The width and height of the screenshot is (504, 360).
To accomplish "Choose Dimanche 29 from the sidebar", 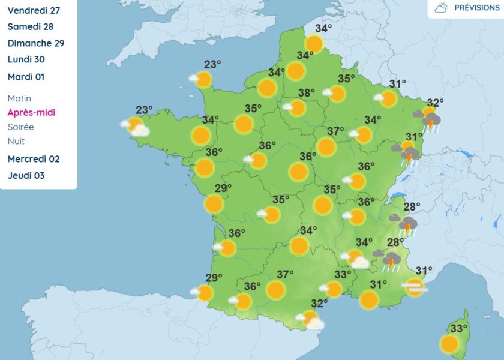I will pos(36,43).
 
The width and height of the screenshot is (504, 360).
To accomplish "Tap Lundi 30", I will pos(26,59).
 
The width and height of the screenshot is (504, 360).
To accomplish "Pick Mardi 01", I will pos(26,77).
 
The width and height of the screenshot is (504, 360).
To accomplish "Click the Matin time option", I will pos(19,98).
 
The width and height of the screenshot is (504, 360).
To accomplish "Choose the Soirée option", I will pos(21,127).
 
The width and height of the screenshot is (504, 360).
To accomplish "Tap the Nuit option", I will pos(16,141).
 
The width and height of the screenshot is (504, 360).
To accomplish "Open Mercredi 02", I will pos(33,159).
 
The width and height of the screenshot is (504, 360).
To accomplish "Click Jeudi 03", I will pos(26,176).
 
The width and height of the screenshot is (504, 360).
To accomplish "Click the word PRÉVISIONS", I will pos(477,8).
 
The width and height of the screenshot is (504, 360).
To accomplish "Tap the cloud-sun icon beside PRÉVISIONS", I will pos(441,8).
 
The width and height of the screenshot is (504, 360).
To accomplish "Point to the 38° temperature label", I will pos(307,93).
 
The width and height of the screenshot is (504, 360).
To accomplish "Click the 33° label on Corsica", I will pos(459,328).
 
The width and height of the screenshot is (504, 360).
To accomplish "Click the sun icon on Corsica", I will pos(449,344).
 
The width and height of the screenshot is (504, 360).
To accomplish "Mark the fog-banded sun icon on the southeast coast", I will pos(415,287).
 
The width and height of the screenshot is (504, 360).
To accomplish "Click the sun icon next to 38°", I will pos(297,108).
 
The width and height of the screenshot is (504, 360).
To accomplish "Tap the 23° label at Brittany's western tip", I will pos(144,110).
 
